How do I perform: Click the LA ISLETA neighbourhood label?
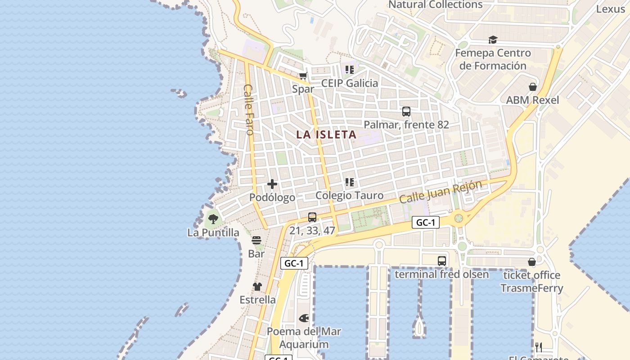(326, 134)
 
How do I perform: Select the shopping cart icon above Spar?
(303, 76)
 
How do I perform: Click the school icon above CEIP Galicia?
(350, 70)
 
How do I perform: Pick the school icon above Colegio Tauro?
(350, 182)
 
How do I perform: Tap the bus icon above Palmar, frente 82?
(406, 112)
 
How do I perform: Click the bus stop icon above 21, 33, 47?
(312, 217)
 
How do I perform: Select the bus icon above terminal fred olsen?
(441, 261)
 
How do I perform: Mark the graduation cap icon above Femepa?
(493, 40)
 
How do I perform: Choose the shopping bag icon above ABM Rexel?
(532, 87)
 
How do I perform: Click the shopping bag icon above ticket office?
(531, 262)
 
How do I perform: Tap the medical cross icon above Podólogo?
(272, 184)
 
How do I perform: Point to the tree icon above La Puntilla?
(213, 219)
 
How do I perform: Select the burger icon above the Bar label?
(256, 241)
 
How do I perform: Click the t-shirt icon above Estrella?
(257, 287)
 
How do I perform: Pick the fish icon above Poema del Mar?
(304, 318)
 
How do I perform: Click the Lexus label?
(610, 9)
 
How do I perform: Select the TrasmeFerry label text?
(531, 288)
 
